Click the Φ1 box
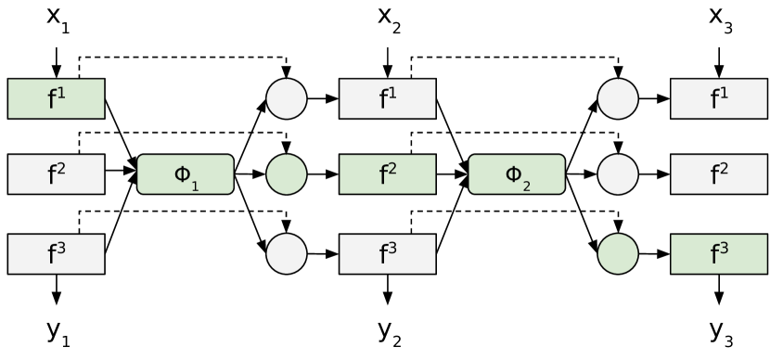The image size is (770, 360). click(186, 174)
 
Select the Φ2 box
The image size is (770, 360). click(517, 174)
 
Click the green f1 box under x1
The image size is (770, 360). click(57, 99)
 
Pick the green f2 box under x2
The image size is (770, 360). click(388, 174)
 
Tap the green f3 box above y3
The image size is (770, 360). click(719, 253)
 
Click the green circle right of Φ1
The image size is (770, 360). click(287, 174)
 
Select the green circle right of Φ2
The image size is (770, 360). click(618, 253)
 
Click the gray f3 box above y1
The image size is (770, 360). click(57, 253)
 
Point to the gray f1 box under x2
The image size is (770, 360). click(388, 99)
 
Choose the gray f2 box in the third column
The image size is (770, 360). click(719, 174)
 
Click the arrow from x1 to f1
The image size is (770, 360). click(57, 61)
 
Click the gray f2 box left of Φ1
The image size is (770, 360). click(57, 174)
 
